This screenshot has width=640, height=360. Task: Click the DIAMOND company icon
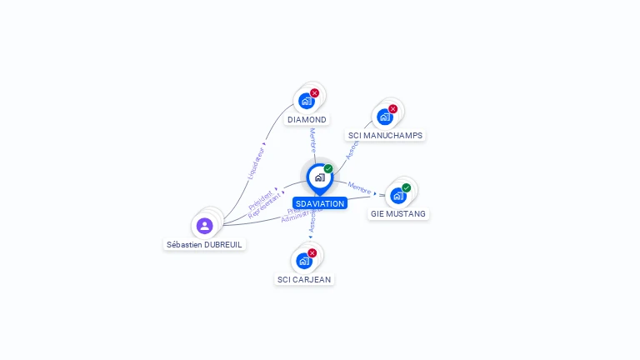pyautogui.click(x=306, y=101)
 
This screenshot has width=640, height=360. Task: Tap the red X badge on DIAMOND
pyautogui.click(x=314, y=93)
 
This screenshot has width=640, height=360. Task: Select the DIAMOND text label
pyautogui.click(x=307, y=120)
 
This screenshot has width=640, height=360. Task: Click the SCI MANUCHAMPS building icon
pyautogui.click(x=384, y=117)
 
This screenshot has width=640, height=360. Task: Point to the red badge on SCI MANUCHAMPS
pyautogui.click(x=393, y=109)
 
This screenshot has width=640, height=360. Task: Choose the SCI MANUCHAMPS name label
pyautogui.click(x=385, y=136)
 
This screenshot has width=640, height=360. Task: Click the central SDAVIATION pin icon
pyautogui.click(x=319, y=177)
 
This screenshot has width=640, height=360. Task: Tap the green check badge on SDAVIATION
pyautogui.click(x=328, y=169)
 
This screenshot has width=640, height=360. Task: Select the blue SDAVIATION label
pyautogui.click(x=319, y=203)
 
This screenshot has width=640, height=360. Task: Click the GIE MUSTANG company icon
pyautogui.click(x=397, y=196)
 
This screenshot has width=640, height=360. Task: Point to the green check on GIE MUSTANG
pyautogui.click(x=407, y=188)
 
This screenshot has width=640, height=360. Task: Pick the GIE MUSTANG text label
pyautogui.click(x=398, y=214)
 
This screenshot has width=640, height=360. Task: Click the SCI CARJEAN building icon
pyautogui.click(x=303, y=261)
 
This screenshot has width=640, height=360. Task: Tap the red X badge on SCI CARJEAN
pyautogui.click(x=312, y=253)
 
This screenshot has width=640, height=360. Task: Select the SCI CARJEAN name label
pyautogui.click(x=304, y=280)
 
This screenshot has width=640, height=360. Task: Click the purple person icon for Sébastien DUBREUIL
pyautogui.click(x=205, y=226)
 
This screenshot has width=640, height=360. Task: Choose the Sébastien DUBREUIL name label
pyautogui.click(x=205, y=245)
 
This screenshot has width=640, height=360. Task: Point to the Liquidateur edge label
pyautogui.click(x=257, y=162)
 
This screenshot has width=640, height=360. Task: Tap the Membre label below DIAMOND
pyautogui.click(x=312, y=138)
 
